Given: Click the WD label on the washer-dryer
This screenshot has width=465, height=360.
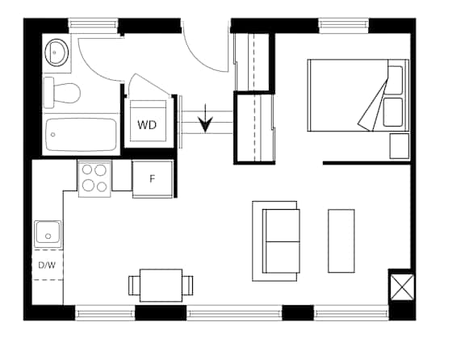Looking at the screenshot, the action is coord(147,125).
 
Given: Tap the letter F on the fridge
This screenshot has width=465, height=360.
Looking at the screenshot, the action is coord(152,179).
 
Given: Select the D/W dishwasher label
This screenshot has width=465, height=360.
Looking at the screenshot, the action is coord(47,265).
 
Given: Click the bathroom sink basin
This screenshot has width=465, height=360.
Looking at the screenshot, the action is coord(57,52).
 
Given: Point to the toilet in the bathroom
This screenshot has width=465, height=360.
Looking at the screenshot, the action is coord(61,93).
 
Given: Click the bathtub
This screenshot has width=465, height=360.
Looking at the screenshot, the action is coord(81,135).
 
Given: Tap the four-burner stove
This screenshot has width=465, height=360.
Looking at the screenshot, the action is coord(94,178).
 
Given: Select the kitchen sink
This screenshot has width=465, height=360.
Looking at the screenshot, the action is coord(48,234).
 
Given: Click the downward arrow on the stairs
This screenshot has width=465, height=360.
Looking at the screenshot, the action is coord(205,118).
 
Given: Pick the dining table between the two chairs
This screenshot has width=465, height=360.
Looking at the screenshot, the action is coord(161,285).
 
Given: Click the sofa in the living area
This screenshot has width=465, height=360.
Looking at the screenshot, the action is coord(281,241).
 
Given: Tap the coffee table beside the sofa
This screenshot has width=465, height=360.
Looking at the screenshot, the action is coord(341,241).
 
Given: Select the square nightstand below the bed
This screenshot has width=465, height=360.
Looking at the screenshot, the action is coord(399,146).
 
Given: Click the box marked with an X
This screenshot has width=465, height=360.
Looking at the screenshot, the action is coord(402,287).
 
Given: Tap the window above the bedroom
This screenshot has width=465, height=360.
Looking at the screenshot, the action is coord(344,26).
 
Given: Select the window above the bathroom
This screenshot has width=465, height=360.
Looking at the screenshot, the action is coord(94,26).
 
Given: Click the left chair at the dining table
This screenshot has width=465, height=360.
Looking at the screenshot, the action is coord(134,285).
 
